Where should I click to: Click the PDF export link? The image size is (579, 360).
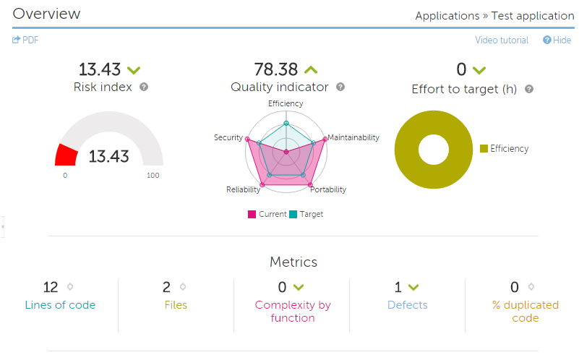coord(26,40)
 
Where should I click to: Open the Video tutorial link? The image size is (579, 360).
coord(502,40)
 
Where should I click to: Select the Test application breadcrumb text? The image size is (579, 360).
coord(533,16)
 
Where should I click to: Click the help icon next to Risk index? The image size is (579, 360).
coord(144,87)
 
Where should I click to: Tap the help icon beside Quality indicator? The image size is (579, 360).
coord(340,87)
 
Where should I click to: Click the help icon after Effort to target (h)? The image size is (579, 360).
coord(529,90)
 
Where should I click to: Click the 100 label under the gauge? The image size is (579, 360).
coord(153,175)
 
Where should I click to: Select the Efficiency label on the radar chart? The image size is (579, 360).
coord(286,103)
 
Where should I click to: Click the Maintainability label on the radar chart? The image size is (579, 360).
coord(353,137)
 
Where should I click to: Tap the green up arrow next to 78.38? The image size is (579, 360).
coord(311,70)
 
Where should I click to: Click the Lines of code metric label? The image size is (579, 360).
coord(60,305)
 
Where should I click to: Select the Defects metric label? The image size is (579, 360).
coord(407,305)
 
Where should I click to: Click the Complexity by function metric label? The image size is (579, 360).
coord(293,312)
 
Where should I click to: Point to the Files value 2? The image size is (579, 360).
coord(167,287)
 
